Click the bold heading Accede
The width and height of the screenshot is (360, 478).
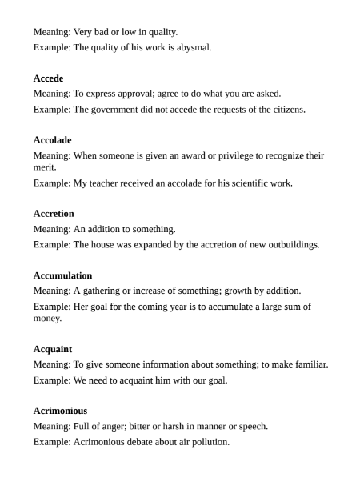pyautogui.click(x=48, y=78)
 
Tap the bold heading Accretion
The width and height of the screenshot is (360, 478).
pyautogui.click(x=54, y=214)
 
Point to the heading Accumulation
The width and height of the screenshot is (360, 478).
pyautogui.click(x=62, y=275)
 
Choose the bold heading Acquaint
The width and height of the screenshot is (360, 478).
pyautogui.click(x=53, y=349)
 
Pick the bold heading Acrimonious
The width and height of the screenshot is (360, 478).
pyautogui.click(x=61, y=411)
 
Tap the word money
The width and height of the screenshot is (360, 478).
pyautogui.click(x=47, y=318)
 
